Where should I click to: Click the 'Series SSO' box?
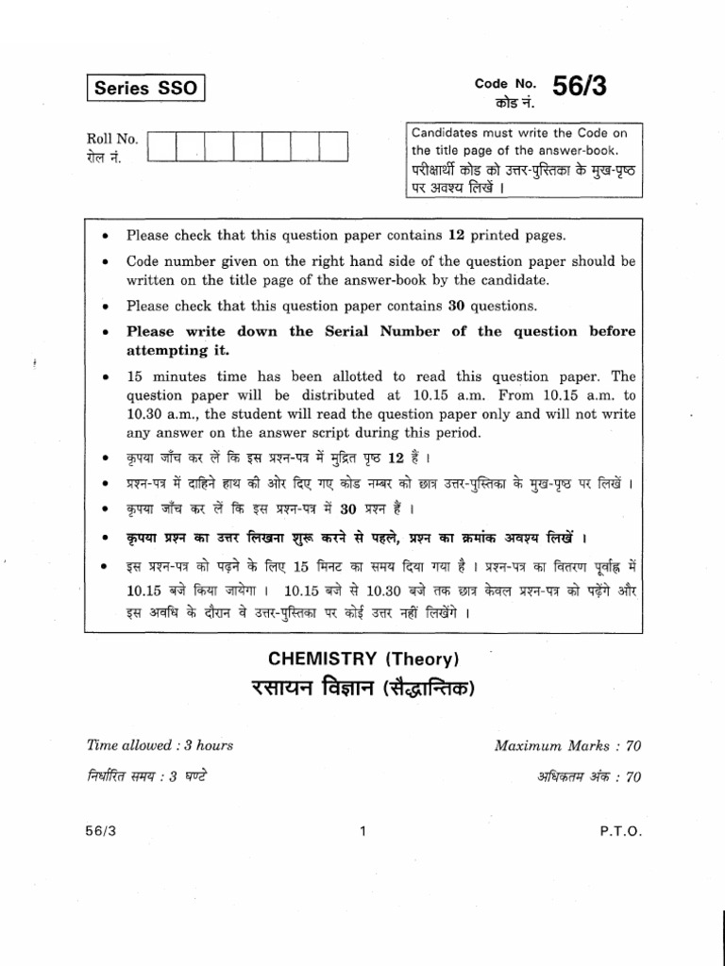click(x=146, y=90)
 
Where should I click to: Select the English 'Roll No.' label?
click(x=111, y=139)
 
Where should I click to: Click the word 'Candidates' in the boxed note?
click(x=444, y=133)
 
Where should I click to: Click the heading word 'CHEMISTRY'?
click(x=317, y=659)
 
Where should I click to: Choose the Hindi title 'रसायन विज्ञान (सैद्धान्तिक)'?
click(x=362, y=689)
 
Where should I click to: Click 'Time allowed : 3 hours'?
click(x=160, y=745)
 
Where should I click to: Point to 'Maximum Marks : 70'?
click(x=567, y=745)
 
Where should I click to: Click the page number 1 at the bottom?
click(x=362, y=831)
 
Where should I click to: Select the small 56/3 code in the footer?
click(x=99, y=831)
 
